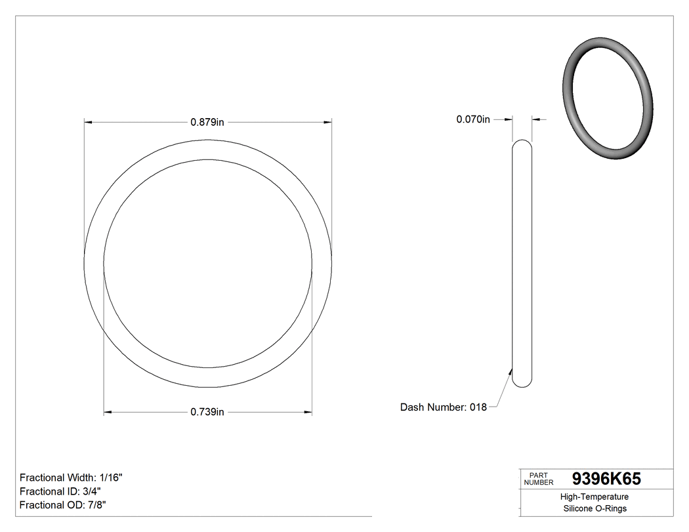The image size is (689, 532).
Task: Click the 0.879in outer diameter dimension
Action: pyautogui.click(x=207, y=122)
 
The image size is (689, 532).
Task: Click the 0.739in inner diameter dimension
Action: pyautogui.click(x=207, y=412)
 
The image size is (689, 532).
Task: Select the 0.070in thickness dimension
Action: pyautogui.click(x=473, y=119)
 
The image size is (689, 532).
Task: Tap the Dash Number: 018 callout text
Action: pyautogui.click(x=444, y=407)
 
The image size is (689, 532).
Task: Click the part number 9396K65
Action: pyautogui.click(x=606, y=479)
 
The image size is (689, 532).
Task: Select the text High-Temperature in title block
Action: pyautogui.click(x=595, y=497)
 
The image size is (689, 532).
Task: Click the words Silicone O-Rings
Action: pyautogui.click(x=595, y=508)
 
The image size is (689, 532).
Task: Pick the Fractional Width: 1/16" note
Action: pyautogui.click(x=71, y=478)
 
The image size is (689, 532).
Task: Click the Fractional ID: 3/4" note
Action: pyautogui.click(x=60, y=491)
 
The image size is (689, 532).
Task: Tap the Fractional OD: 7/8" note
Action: pyautogui.click(x=63, y=504)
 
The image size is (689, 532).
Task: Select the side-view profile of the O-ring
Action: pyautogui.click(x=522, y=262)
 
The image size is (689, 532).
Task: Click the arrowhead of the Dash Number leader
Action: pyautogui.click(x=511, y=370)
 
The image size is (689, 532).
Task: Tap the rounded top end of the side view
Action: pyautogui.click(x=522, y=142)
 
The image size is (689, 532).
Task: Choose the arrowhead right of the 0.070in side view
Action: pyautogui.click(x=536, y=119)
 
